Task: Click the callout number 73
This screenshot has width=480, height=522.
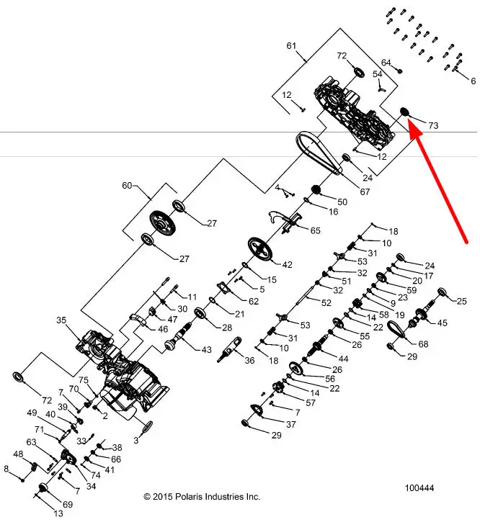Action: (x=432, y=125)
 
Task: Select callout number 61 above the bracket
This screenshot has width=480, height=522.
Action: (x=291, y=46)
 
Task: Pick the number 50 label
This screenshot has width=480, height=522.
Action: (x=342, y=202)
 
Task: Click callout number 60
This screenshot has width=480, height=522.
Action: (x=128, y=186)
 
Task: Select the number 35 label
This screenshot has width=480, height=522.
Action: (x=61, y=320)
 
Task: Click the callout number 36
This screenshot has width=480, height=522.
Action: (x=250, y=361)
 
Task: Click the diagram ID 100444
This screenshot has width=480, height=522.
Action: (x=419, y=488)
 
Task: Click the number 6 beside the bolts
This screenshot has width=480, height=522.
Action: (x=474, y=80)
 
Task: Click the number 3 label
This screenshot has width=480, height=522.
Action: (x=135, y=439)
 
